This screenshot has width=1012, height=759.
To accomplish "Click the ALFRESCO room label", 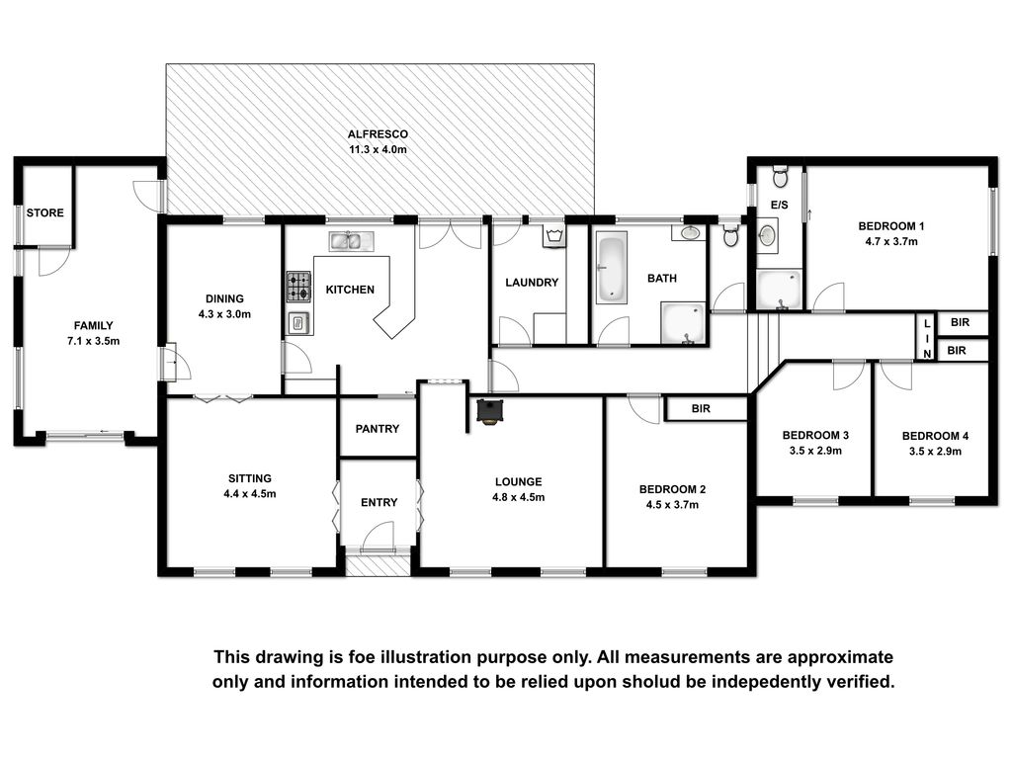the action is pos(378,134).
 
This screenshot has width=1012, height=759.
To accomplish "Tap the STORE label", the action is pos(45,212).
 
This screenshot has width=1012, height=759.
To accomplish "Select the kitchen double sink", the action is pos(351,241).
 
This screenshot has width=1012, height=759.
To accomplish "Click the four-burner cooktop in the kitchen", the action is pos(298,287).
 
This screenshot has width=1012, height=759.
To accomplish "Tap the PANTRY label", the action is pos(378,429).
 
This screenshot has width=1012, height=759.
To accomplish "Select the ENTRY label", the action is pos(379,502).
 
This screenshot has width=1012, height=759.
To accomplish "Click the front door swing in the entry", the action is pos(378,537).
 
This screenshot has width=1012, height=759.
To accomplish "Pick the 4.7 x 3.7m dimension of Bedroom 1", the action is pos(891,241).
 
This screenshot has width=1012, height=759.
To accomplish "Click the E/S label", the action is pos(780,205).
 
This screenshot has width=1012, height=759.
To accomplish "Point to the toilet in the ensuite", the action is pos(781,176).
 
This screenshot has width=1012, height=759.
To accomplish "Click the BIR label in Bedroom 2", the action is pos(701,408).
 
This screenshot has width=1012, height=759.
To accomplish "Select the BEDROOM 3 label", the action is pos(815,435).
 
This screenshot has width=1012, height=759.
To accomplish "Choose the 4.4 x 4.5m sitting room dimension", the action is pos(250,494).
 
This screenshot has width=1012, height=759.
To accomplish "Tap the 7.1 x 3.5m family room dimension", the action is pos(94,341).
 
